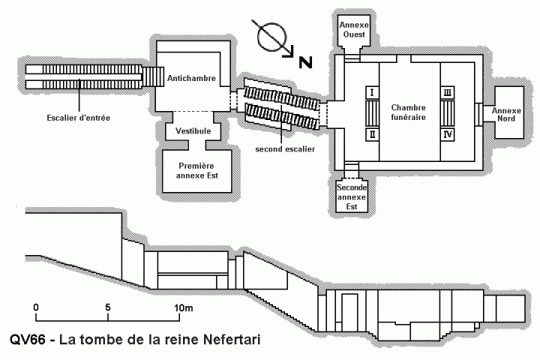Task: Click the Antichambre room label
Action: point(193,78)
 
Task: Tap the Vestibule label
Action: point(193,130)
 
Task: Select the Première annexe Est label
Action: point(197,169)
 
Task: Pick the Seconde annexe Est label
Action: point(352,196)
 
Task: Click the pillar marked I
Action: point(371,91)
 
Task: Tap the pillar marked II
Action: point(371,134)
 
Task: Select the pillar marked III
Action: point(448,91)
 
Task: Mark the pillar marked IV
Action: point(448,134)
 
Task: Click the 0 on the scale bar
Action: point(36,307)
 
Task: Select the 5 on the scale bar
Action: point(109,307)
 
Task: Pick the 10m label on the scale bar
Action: point(184,307)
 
